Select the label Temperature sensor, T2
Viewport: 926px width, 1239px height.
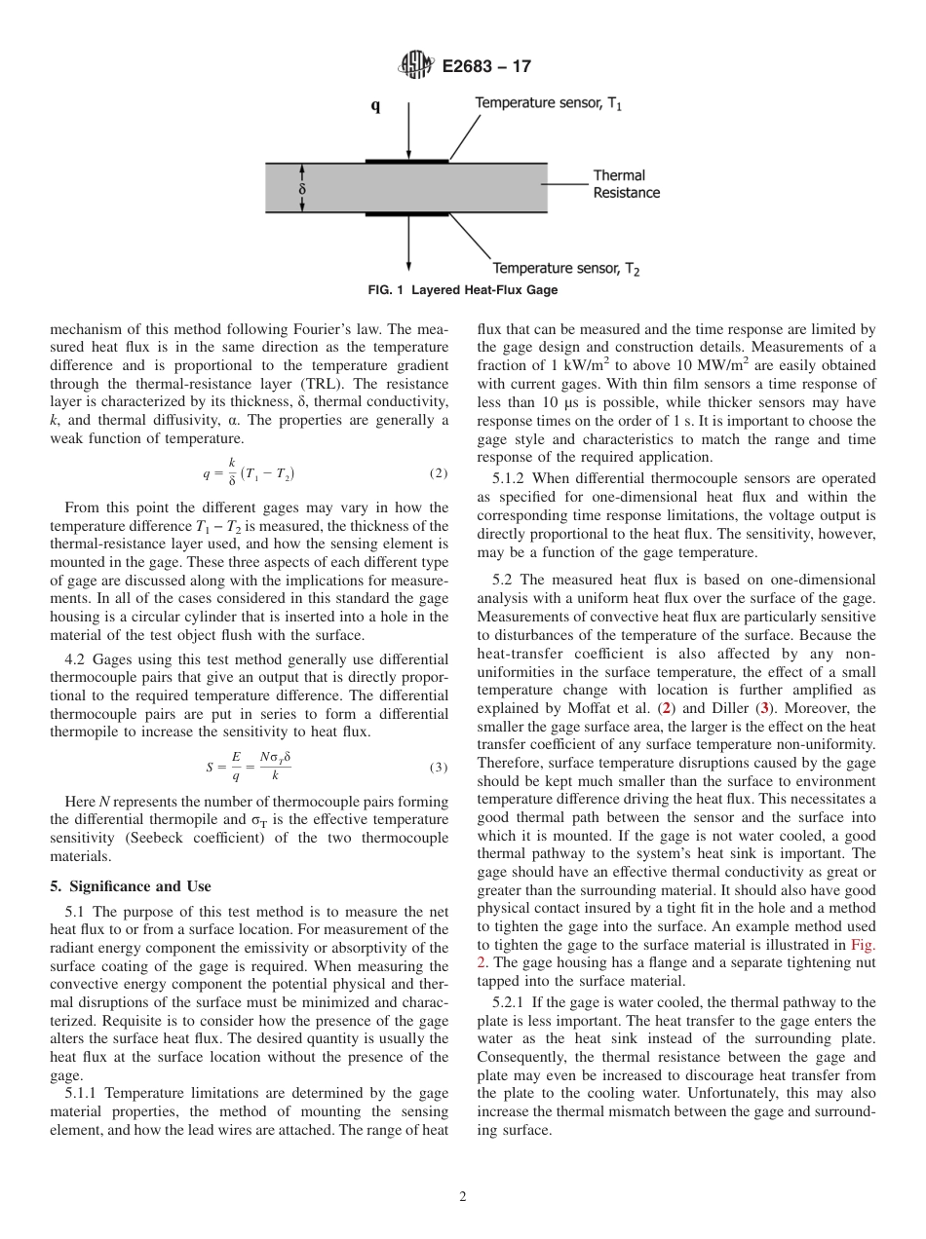coord(566,268)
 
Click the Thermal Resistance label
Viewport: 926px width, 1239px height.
coord(626,184)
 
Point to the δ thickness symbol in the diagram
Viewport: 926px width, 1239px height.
coord(302,189)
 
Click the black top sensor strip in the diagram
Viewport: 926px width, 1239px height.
coord(406,160)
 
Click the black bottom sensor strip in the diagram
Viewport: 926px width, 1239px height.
coord(406,214)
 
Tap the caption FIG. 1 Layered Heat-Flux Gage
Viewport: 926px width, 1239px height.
coord(462,290)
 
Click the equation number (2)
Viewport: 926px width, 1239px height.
coord(438,473)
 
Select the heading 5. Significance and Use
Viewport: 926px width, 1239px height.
coord(130,885)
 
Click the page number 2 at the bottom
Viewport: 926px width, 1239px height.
coord(463,1197)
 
